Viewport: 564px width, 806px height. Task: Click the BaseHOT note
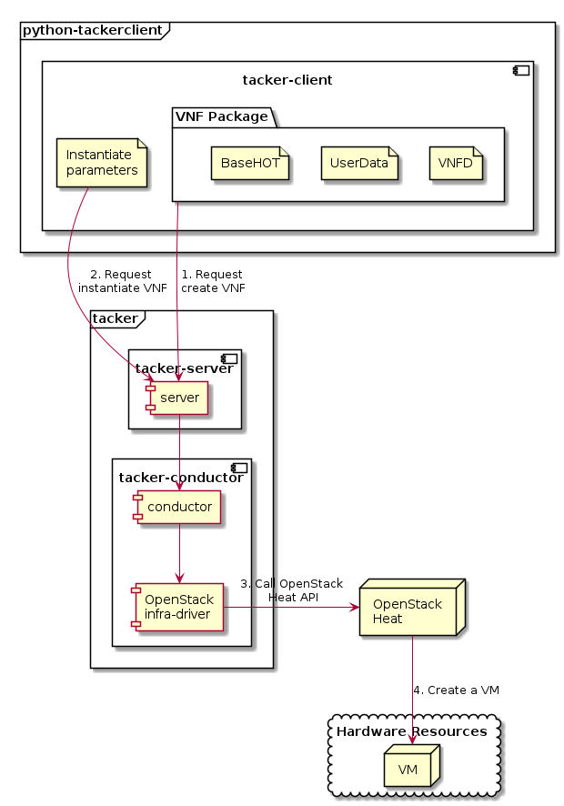pyautogui.click(x=250, y=163)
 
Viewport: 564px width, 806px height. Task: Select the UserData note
pyautogui.click(x=359, y=163)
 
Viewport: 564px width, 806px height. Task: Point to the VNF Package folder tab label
pyautogui.click(x=221, y=116)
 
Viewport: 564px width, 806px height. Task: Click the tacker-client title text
pyautogui.click(x=287, y=80)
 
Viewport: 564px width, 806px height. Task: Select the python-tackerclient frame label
pyautogui.click(x=91, y=30)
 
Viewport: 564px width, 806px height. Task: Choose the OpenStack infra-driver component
pyautogui.click(x=178, y=607)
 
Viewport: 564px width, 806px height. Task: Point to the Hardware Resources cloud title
pyautogui.click(x=412, y=731)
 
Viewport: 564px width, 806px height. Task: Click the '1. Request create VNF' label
pyautogui.click(x=212, y=281)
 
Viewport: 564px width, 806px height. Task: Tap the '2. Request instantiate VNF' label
pyautogui.click(x=121, y=281)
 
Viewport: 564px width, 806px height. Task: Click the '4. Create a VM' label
pyautogui.click(x=456, y=690)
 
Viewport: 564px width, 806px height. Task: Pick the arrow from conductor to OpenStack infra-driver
pyautogui.click(x=179, y=555)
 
